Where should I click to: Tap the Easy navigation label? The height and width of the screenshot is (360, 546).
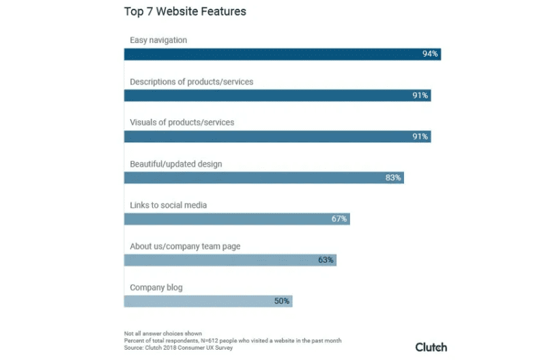[158, 40]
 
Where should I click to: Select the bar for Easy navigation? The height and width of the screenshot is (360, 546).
[273, 54]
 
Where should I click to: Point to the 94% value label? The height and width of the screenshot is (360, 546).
[430, 54]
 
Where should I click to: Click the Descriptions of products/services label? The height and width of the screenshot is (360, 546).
[192, 81]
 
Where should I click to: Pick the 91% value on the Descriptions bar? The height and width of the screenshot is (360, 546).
[420, 96]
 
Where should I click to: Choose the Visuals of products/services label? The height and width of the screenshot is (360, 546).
[182, 122]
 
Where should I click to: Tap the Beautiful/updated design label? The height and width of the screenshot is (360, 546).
[176, 164]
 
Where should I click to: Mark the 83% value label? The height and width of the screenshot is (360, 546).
[393, 178]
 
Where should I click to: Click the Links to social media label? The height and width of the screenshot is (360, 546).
[169, 205]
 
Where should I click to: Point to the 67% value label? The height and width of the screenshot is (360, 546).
[339, 219]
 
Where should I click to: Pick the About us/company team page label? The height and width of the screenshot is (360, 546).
[185, 246]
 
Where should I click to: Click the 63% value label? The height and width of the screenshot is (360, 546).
[326, 260]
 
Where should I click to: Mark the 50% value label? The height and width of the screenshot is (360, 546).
[282, 301]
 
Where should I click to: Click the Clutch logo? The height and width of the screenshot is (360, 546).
[431, 346]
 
